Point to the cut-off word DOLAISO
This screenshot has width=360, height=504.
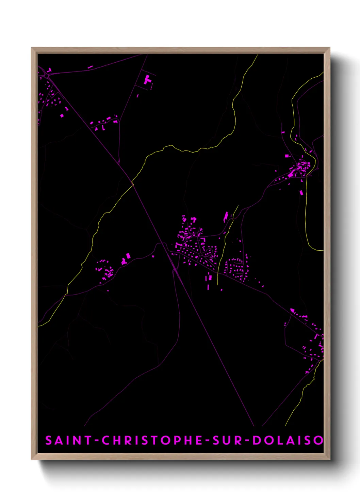[288, 440]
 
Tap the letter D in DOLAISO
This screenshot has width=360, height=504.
[257, 440]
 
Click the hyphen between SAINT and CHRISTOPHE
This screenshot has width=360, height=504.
[97, 441]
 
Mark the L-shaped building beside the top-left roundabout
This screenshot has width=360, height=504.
[49, 70]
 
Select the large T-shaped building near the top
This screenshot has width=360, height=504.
[147, 80]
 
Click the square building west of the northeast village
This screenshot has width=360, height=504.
[287, 156]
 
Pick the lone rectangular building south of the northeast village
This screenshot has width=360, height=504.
[301, 193]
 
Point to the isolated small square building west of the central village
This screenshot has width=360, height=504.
[153, 256]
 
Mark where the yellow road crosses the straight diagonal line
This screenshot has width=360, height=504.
[132, 184]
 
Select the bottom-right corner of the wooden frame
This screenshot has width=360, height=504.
[329, 459]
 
